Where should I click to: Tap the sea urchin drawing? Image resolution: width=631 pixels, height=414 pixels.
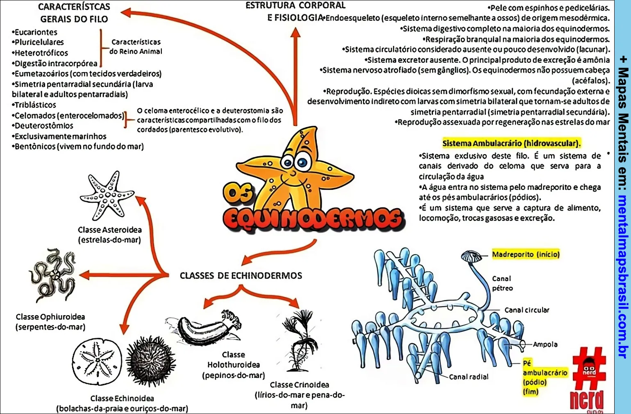click(150, 361)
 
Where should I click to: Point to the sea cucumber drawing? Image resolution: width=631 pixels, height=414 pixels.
click(205, 328)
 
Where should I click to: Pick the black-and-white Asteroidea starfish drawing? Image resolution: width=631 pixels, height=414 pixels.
click(107, 196)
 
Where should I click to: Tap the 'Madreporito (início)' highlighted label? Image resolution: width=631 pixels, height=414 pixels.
click(525, 254)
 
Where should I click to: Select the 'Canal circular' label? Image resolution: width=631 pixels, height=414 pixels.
click(527, 310)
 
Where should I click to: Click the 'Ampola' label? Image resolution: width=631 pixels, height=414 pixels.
click(545, 344)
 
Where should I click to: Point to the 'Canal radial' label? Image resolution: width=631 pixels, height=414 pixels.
click(468, 377)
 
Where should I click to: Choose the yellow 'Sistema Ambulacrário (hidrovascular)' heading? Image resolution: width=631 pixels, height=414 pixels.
click(511, 143)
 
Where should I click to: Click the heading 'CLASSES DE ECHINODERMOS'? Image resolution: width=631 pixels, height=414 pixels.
click(241, 275)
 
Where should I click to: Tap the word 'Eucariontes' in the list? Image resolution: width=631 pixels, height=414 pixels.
click(36, 32)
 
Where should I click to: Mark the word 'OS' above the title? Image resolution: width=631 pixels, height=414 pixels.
click(238, 193)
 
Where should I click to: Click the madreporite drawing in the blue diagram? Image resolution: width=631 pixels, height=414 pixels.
click(472, 257)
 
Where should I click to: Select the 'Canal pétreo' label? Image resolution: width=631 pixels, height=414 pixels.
click(502, 283)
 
